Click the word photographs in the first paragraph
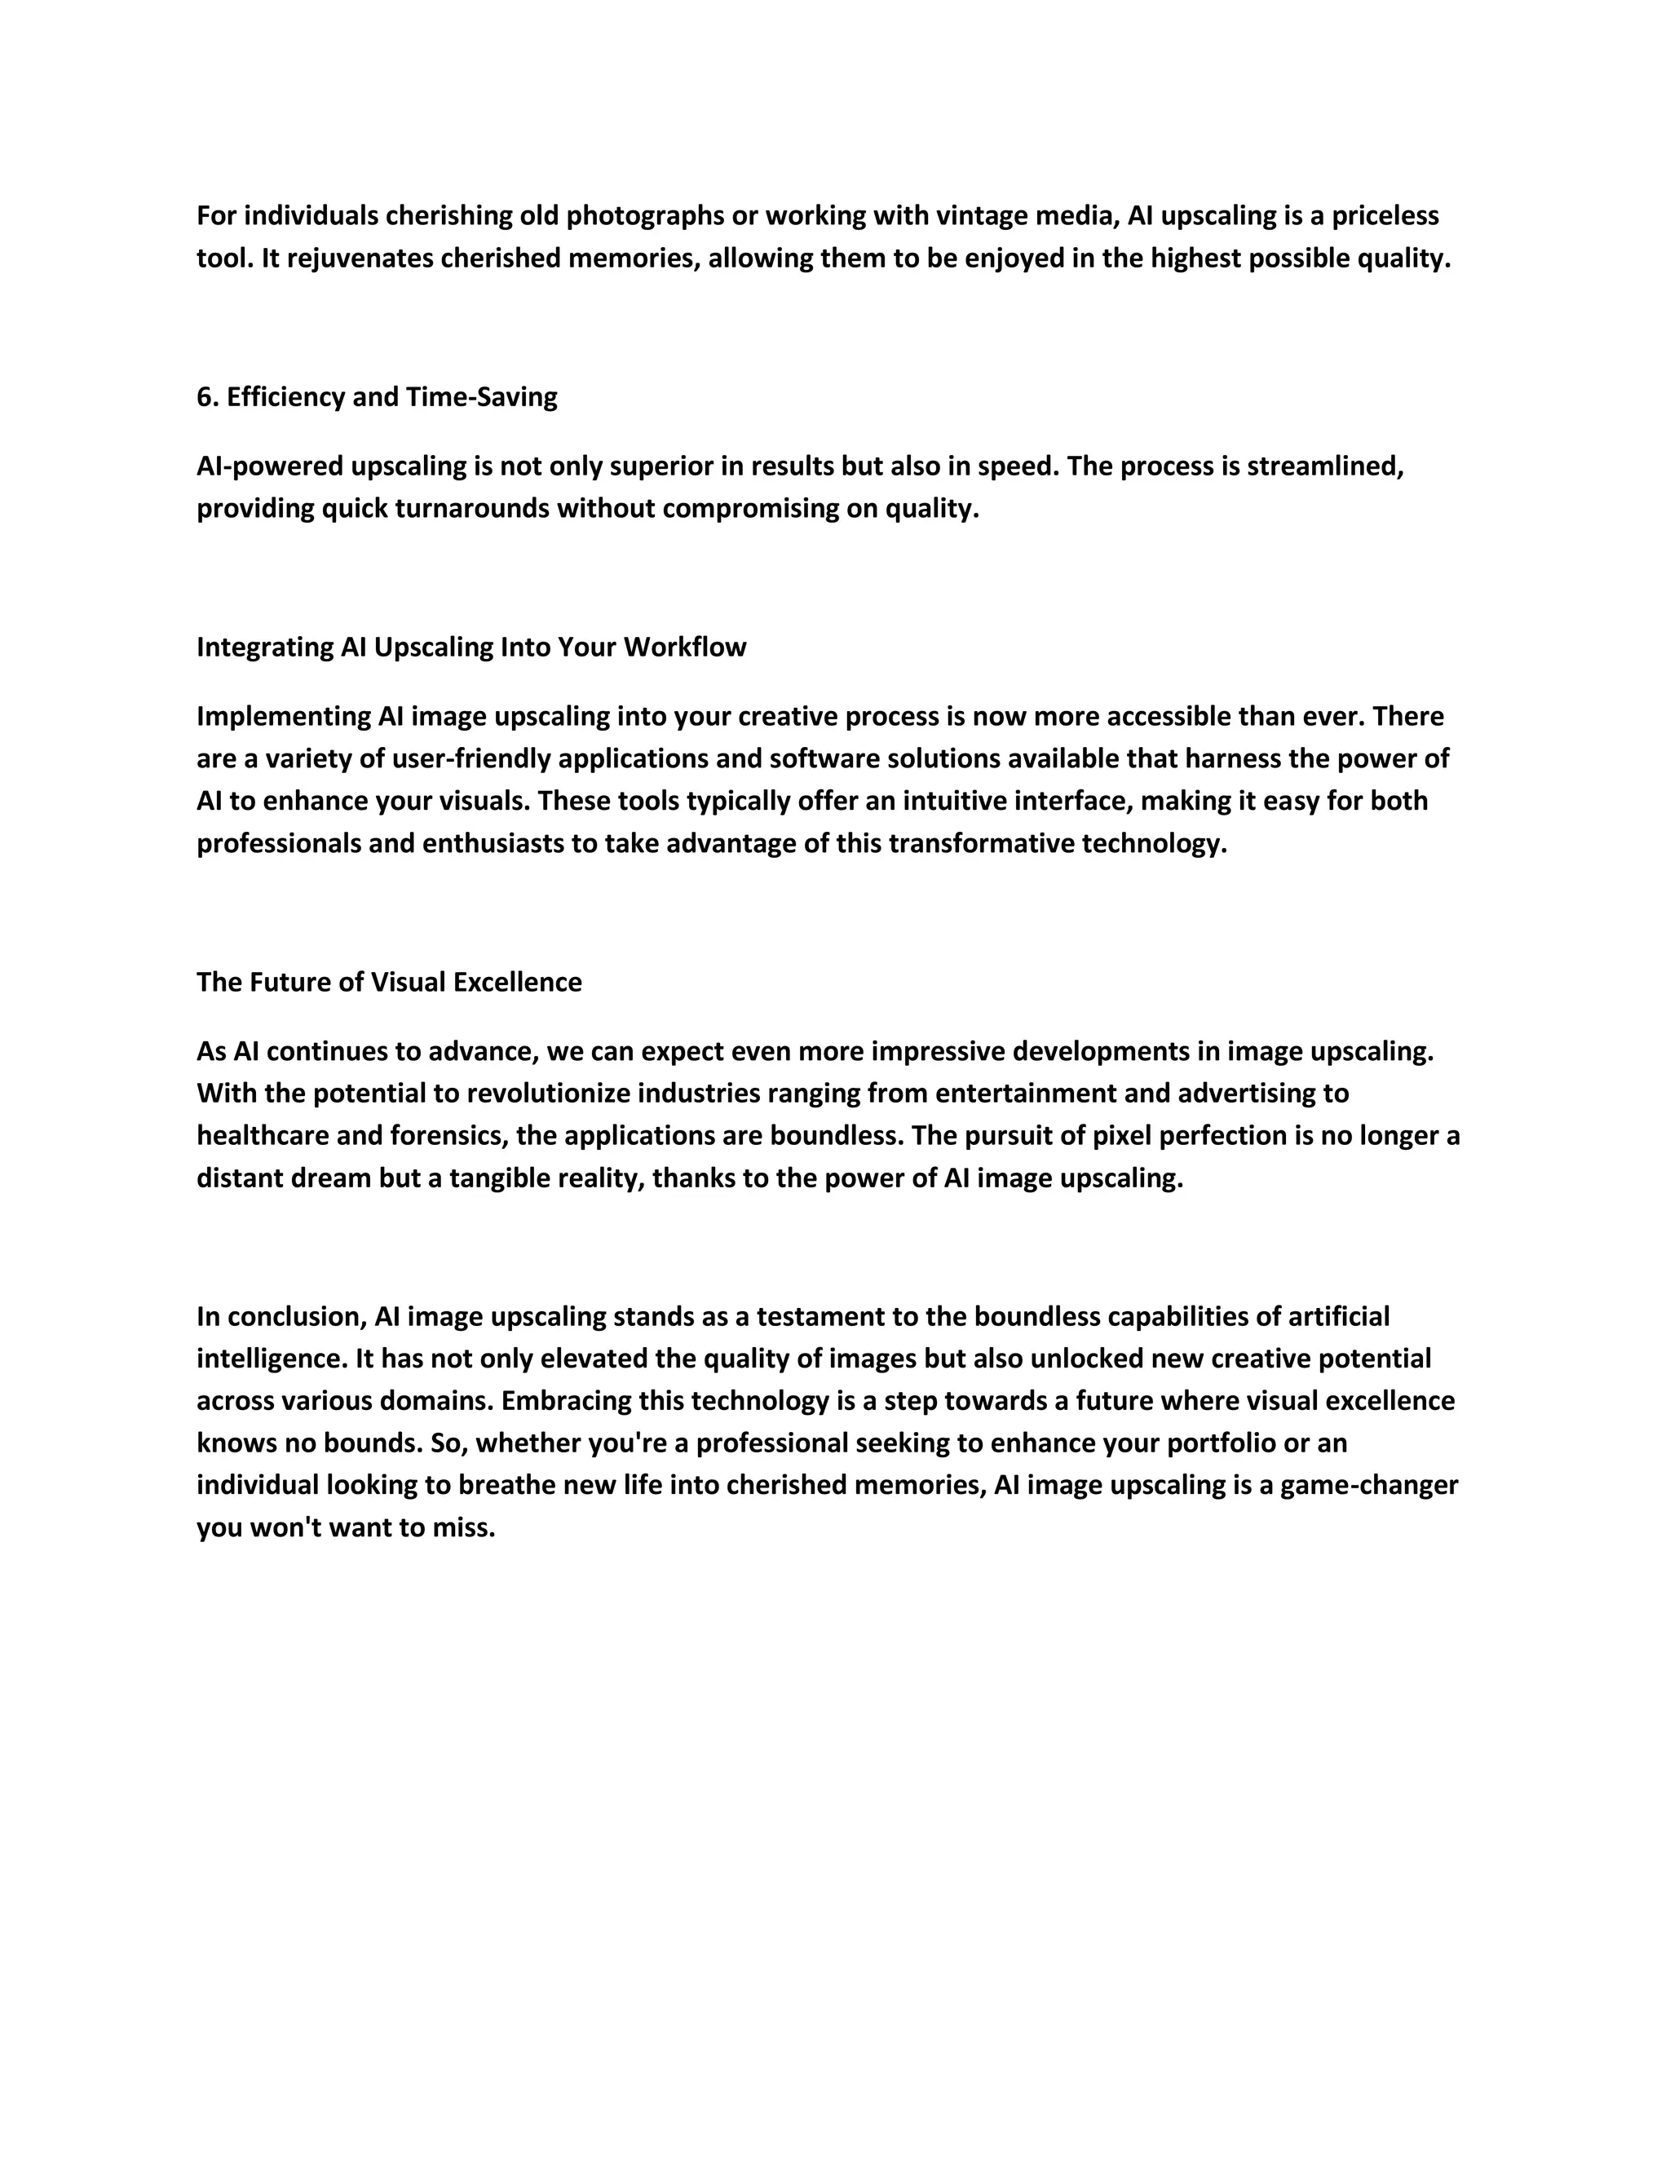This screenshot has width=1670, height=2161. pos(644,216)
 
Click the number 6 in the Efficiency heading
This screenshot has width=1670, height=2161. pos(205,397)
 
